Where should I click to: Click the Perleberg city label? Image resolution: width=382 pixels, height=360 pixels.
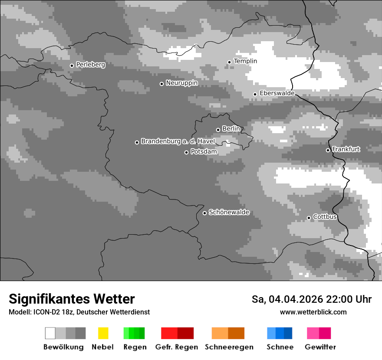point(90,65)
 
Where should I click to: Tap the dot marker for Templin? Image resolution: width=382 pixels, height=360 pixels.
point(229,62)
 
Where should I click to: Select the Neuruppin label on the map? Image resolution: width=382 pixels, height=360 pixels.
point(182,83)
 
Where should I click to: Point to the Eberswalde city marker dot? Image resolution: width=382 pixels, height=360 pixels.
point(255,94)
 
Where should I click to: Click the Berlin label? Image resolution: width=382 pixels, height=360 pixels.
point(231,129)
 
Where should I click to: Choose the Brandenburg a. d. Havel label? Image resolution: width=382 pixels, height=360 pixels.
point(178,141)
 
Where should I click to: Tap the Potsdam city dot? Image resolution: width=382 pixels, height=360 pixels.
point(186,152)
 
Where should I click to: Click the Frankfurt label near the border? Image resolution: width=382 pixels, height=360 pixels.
point(346,149)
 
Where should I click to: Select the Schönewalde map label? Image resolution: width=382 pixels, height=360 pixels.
point(229,212)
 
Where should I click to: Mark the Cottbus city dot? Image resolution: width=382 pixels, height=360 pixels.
point(309,218)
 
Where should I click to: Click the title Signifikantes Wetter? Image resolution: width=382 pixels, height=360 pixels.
point(72,299)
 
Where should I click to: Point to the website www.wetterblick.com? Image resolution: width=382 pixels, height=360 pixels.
point(313,312)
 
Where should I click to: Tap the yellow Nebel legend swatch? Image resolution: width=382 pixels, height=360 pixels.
point(103,333)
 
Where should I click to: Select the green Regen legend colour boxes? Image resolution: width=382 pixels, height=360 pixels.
point(134,333)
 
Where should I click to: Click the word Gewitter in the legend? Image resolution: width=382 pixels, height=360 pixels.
point(320,347)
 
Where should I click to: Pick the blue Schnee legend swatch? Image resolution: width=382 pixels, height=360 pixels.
point(280,333)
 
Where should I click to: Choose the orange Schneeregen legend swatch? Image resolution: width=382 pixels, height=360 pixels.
point(228,333)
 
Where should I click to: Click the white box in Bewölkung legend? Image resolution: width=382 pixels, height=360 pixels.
point(50,333)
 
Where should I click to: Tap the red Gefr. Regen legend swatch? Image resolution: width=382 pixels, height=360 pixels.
point(177,333)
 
